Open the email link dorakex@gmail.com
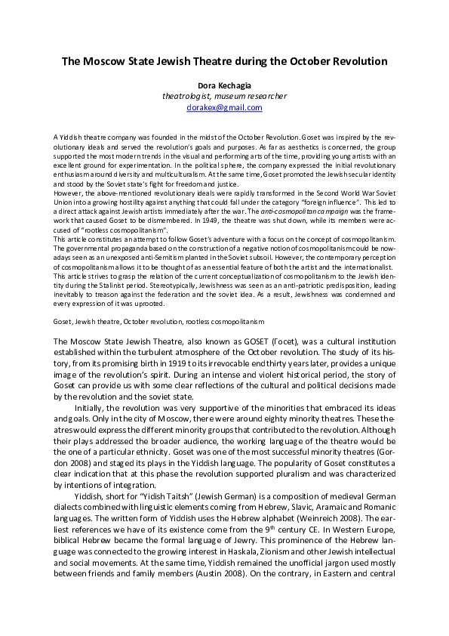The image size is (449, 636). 224,107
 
